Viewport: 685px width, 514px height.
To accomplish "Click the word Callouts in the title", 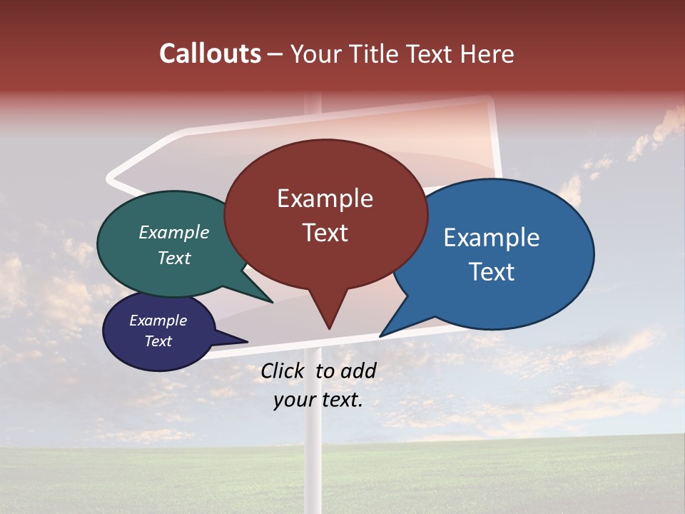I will click(x=210, y=54).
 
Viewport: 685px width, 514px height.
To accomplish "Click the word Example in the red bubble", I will click(x=325, y=198).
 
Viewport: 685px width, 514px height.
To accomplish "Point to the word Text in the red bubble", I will click(x=325, y=233).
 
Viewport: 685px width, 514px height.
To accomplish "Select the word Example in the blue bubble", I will click(x=491, y=238).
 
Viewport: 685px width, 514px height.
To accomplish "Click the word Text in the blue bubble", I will click(x=492, y=272).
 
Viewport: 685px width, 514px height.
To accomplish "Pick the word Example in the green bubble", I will click(x=173, y=233).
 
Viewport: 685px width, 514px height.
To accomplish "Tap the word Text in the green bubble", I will click(x=173, y=258).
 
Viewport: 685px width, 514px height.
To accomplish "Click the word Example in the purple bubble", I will click(x=158, y=321).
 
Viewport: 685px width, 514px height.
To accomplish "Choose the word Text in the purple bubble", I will click(x=158, y=341).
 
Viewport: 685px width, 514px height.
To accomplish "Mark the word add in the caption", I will click(x=358, y=371).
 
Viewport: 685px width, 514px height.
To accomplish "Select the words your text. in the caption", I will click(x=318, y=400).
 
